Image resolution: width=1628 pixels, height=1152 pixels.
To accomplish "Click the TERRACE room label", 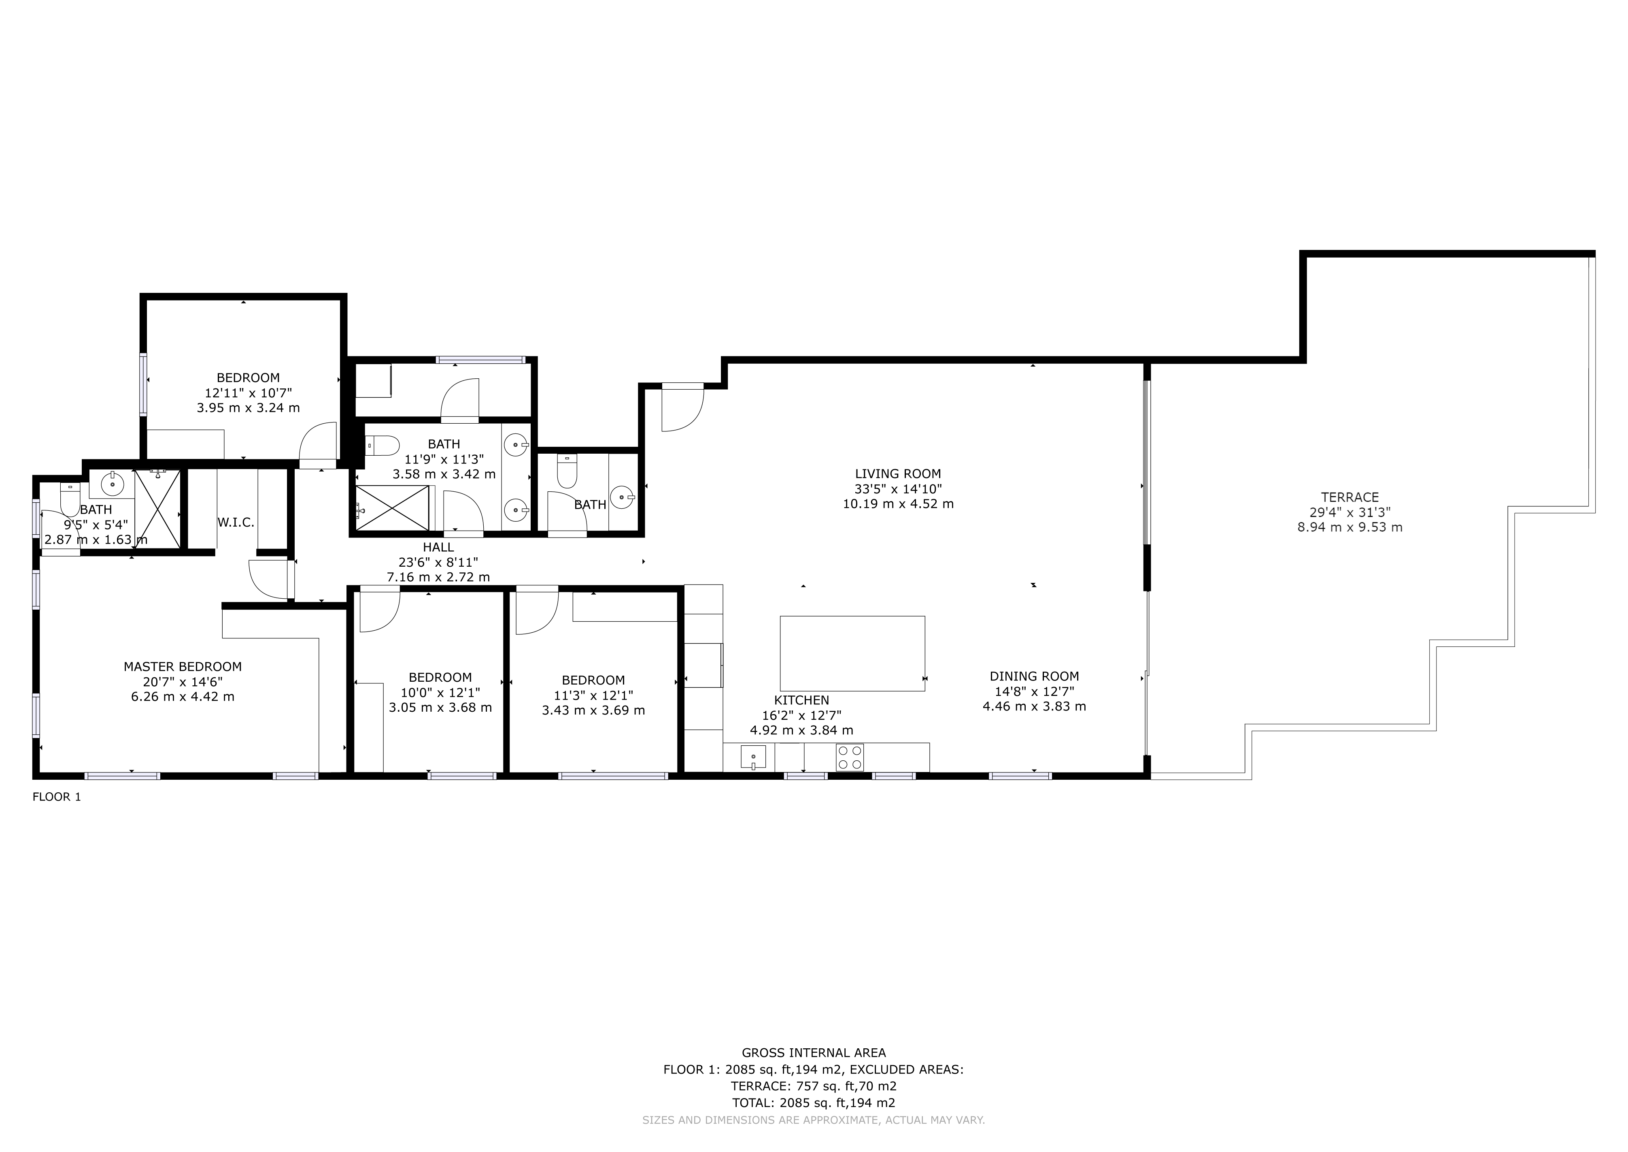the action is point(1350,497).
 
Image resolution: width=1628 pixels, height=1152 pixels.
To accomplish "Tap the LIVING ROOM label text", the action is point(898,474).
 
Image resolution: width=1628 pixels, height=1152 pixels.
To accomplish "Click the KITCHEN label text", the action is point(801,700).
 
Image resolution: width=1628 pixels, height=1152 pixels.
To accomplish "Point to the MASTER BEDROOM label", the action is point(182,667).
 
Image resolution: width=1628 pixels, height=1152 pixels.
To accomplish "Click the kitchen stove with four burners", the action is point(850,757).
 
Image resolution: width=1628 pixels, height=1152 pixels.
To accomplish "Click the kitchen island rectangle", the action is point(852,653).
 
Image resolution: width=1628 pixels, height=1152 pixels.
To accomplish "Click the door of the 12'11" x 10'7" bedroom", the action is point(318,445).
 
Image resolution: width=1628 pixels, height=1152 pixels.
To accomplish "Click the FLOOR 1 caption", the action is point(57,797).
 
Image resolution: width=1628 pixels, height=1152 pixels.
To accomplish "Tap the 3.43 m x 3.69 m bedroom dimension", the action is point(593,710).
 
